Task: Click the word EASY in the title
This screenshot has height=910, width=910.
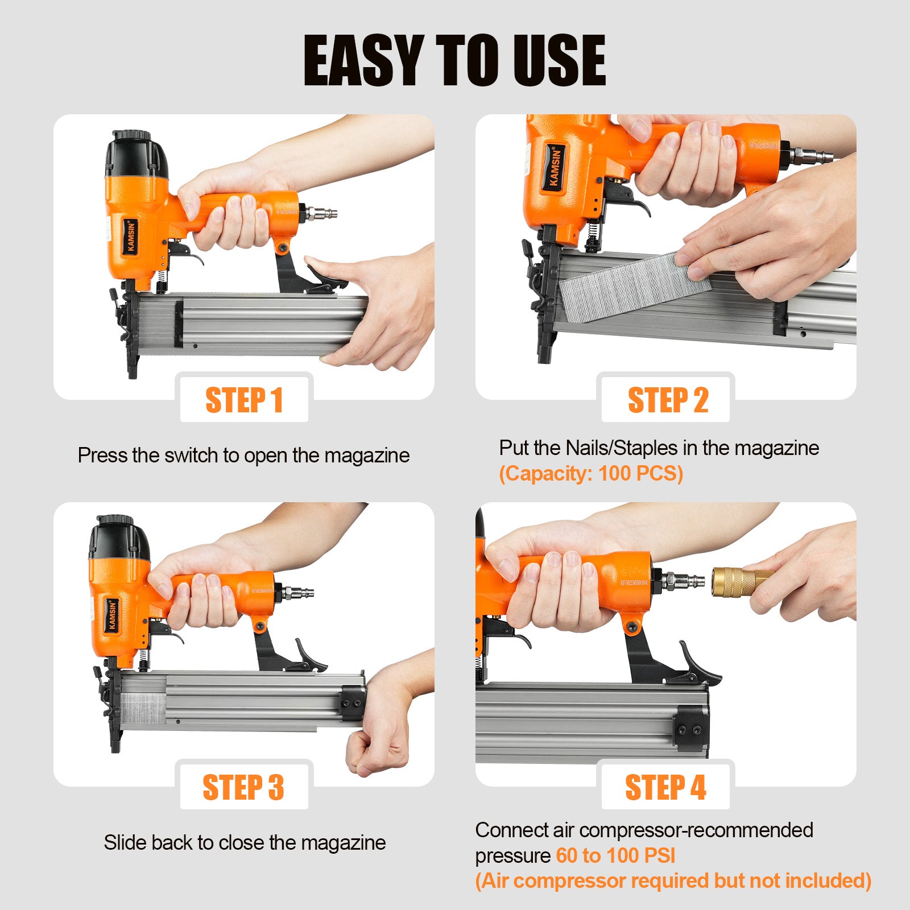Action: coord(364,60)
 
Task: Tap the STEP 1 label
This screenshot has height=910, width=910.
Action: coord(244,400)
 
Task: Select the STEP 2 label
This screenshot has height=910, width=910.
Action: coord(668,400)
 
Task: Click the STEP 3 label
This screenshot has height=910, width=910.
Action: coord(243,787)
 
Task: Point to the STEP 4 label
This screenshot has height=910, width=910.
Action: coord(665,787)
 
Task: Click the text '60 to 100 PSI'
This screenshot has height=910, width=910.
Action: coord(615,855)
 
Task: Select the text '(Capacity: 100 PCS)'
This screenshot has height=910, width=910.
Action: coord(591,473)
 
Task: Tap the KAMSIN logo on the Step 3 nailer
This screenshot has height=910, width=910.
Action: coord(112,615)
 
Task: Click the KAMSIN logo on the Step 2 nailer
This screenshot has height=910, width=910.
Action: coord(555,166)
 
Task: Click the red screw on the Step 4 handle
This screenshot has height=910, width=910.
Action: coord(631,627)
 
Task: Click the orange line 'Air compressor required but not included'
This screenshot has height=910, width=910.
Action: coord(673,880)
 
